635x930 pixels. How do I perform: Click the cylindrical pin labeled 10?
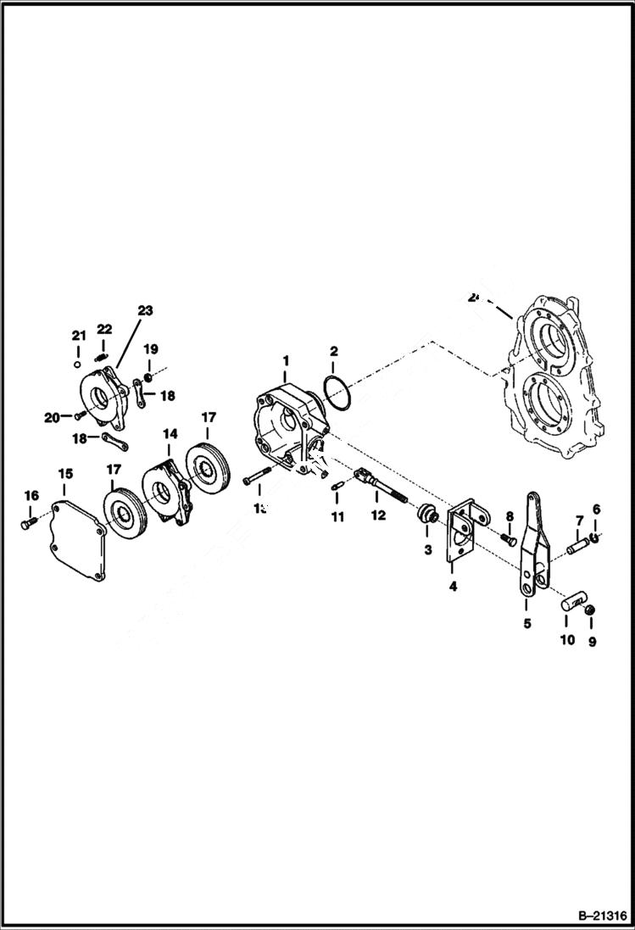click(572, 605)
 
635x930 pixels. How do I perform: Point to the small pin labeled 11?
click(336, 486)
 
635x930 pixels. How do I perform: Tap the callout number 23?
click(145, 311)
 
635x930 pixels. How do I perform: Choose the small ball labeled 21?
click(77, 365)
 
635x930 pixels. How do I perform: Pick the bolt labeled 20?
click(79, 415)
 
